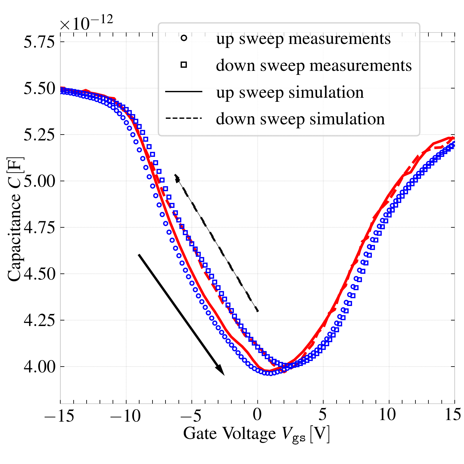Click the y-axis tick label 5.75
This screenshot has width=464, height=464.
click(39, 42)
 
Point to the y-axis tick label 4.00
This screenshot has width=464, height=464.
click(39, 367)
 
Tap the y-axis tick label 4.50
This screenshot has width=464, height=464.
click(39, 274)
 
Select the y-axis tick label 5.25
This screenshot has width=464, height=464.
click(39, 135)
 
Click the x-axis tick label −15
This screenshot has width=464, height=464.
click(59, 415)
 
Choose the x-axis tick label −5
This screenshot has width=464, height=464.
click(191, 415)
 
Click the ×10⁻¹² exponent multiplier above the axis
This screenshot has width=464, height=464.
click(87, 23)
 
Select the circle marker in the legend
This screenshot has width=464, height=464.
click(184, 38)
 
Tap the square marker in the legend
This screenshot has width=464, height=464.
click(184, 65)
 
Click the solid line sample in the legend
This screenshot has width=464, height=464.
click(184, 92)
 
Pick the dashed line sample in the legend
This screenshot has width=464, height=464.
click(184, 118)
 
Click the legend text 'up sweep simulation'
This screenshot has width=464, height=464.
click(290, 92)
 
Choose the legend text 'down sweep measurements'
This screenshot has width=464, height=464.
click(314, 66)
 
